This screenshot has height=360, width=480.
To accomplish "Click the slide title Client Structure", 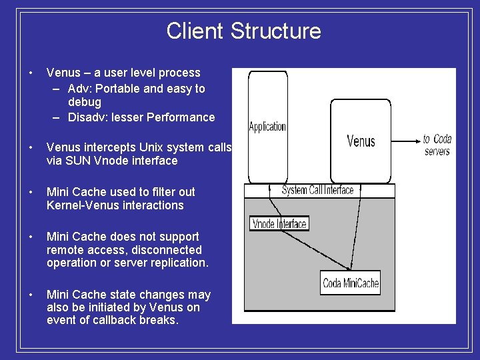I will pos(243,31).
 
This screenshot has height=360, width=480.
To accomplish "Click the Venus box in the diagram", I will pos(361,141).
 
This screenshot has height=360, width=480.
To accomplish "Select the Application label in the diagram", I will pos(267,126).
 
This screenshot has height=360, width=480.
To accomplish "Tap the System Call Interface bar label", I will pos(317,191).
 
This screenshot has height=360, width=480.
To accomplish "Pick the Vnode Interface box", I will pos(279,224).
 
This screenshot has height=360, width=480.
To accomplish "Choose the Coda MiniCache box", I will pos(351,283).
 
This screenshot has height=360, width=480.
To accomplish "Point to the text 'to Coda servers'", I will pos(437,145).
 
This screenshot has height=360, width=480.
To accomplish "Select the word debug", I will pos(85,102).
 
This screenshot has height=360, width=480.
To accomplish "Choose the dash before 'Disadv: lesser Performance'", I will pos(56,117).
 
